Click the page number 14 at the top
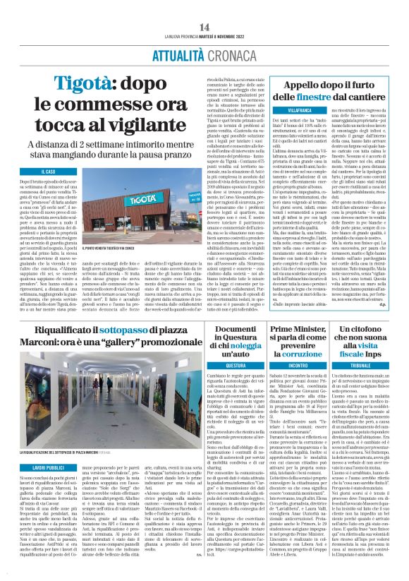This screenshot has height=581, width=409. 204,8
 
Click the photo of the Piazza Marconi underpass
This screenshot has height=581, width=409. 104,393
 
